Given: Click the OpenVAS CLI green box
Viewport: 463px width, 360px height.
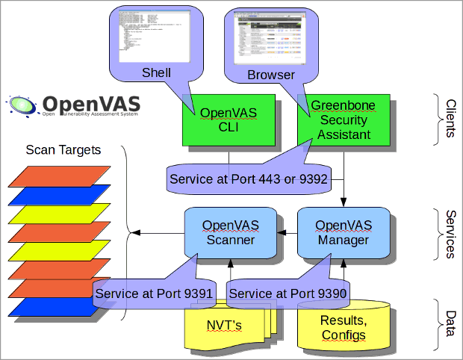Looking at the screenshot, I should coord(228,120).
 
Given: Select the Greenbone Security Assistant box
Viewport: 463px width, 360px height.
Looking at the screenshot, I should coord(344,120).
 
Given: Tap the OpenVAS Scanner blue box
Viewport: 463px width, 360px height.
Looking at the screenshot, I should coord(230,232).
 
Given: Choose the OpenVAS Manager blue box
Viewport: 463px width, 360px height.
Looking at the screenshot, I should coord(344,232).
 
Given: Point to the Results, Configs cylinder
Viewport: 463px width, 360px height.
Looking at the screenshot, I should coord(344,327).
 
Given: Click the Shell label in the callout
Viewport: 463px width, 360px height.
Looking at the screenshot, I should coord(157,73).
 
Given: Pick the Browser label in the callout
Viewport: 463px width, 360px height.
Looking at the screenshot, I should coord(271,75).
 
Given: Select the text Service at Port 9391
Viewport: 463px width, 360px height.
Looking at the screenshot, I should coord(154,294).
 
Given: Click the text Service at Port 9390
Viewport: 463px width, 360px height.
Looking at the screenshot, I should coord(288,294).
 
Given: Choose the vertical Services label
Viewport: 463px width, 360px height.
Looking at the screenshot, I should coord(450,233).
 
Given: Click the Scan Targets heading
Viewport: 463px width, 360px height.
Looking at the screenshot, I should coord(63,149).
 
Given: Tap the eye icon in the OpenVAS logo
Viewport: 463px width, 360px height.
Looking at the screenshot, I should coord(22,105).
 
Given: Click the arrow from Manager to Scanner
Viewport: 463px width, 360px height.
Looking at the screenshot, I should coord(288,233).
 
